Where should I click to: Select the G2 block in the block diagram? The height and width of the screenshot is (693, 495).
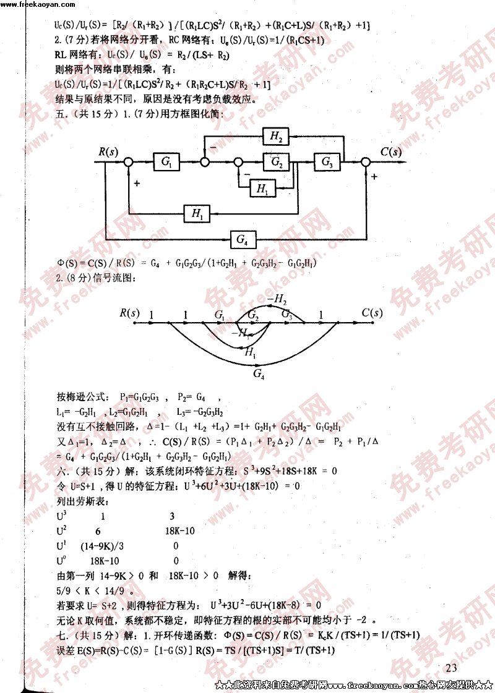click(x=276, y=163)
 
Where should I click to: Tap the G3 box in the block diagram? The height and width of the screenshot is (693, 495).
click(x=327, y=163)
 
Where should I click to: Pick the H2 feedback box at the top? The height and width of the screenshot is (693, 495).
click(x=276, y=137)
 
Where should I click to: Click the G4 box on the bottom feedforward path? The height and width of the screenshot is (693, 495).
click(x=243, y=238)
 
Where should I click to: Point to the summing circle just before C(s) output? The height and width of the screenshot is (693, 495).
click(x=366, y=163)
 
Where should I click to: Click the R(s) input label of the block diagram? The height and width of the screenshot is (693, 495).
click(x=108, y=151)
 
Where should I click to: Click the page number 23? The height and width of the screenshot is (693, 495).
click(x=450, y=668)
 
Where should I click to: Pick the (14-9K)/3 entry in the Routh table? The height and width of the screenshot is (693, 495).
click(x=102, y=546)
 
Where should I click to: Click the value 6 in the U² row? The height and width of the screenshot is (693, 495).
click(x=98, y=530)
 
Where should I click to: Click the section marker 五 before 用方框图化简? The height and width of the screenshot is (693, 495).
click(x=60, y=114)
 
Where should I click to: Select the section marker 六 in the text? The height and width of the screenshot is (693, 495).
click(x=60, y=470)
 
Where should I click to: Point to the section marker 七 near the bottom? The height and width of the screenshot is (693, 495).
click(x=60, y=636)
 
